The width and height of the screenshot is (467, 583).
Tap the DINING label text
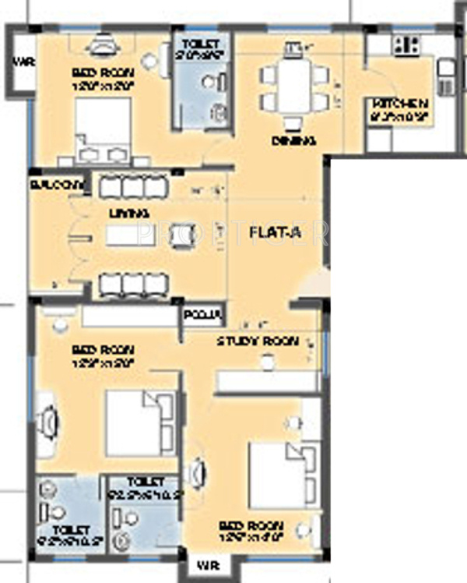click(x=293, y=142)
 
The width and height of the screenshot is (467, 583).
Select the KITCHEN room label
click(x=400, y=104)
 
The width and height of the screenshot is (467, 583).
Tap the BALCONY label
click(x=57, y=184)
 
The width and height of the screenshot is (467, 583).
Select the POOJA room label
click(x=203, y=315)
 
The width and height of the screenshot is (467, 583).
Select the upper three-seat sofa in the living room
click(x=133, y=186)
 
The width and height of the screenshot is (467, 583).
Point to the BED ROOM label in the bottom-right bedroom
click(x=250, y=525)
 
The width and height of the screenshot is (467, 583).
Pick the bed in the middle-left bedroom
click(x=139, y=421)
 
